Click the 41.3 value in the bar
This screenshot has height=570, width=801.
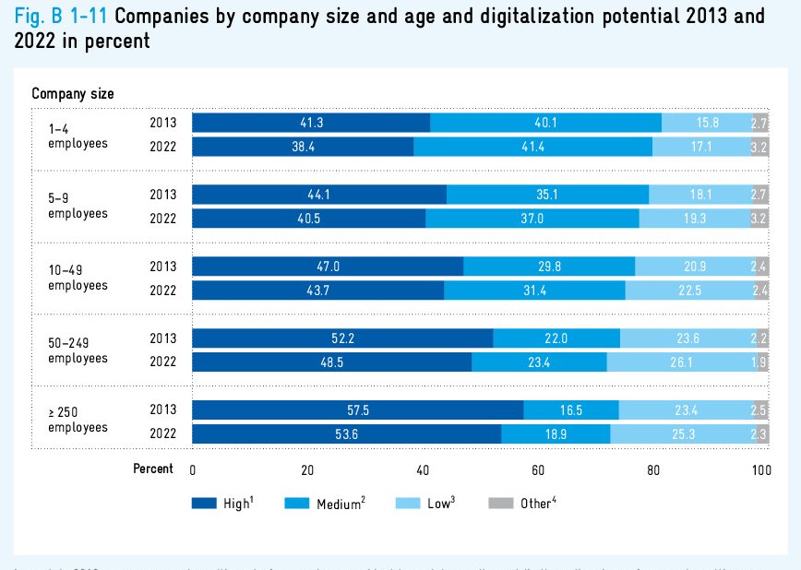(x=311, y=123)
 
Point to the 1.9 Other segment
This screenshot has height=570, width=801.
(x=759, y=362)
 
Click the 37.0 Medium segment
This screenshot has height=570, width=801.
(x=532, y=219)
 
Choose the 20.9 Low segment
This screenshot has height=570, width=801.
(x=694, y=267)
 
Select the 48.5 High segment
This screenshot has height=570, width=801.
(x=331, y=362)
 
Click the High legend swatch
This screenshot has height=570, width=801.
(x=204, y=504)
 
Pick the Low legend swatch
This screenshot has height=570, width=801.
(x=409, y=504)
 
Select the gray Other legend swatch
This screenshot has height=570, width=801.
(x=500, y=504)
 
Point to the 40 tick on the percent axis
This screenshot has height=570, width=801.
(x=423, y=469)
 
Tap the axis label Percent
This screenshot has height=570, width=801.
(x=153, y=469)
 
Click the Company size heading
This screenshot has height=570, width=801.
(x=73, y=93)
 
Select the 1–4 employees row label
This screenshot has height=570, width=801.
(x=78, y=137)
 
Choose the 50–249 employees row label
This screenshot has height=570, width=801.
(x=78, y=350)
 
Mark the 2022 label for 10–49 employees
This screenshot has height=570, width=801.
(x=164, y=291)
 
